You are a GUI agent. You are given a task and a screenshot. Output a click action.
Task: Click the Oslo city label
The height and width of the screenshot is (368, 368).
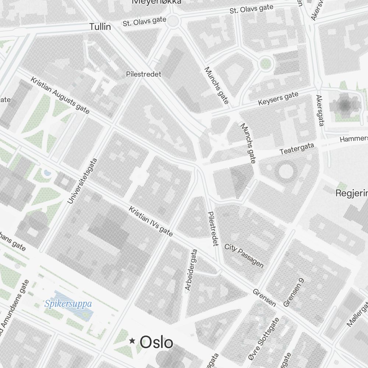click(156, 342)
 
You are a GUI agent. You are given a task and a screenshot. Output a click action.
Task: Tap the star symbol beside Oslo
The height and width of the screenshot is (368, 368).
click(132, 342)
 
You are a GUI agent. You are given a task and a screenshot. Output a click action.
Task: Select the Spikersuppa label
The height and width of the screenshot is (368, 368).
click(68, 304)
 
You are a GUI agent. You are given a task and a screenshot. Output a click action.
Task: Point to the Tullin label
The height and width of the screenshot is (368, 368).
click(100, 27)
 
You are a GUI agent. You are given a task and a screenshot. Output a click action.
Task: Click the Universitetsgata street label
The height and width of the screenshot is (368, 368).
click(83, 181)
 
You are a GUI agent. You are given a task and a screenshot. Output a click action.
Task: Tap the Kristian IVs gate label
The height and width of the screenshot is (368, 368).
click(151, 221)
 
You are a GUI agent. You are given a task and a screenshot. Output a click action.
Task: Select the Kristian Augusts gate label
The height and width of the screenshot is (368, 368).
click(60, 95)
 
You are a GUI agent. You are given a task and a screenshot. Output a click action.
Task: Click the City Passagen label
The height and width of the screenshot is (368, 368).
click(244, 255)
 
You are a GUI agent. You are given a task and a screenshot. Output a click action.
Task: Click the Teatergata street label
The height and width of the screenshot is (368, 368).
click(297, 149)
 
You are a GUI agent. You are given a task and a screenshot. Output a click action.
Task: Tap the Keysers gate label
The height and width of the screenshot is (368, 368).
click(278, 99)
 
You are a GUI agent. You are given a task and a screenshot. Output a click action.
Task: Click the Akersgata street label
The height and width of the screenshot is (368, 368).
click(319, 110)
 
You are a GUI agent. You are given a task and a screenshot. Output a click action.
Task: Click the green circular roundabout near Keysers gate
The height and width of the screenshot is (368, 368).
click(265, 64)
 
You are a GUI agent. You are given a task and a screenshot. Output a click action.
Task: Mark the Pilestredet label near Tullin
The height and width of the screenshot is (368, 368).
click(144, 74)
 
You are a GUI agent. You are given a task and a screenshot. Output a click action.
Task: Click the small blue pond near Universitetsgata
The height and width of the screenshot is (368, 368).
click(47, 172)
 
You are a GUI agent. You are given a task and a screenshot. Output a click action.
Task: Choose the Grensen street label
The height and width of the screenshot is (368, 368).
click(264, 297)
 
